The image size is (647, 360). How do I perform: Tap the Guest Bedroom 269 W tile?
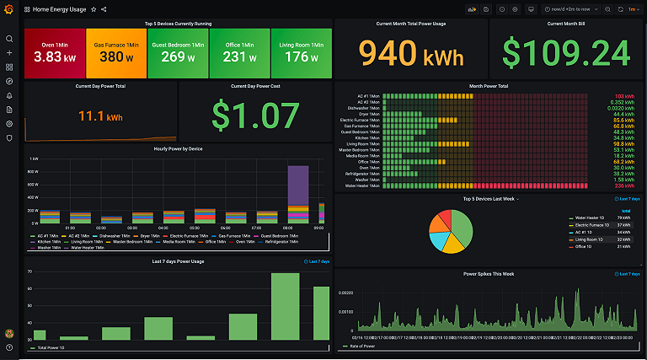pos(178,53)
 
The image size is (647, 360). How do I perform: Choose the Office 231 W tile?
pos(239,53)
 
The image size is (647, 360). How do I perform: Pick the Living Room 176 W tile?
pos(301,53)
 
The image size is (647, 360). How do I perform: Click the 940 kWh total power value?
pos(409,52)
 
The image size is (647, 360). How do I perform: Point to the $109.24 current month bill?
pos(565,52)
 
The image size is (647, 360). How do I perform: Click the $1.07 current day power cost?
pos(254,116)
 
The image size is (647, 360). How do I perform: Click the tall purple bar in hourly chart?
pos(297,185)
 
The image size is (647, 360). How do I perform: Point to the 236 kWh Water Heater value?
pos(624,185)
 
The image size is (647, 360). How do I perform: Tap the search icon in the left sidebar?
pos(9,39)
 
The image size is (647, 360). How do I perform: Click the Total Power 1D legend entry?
pos(54,347)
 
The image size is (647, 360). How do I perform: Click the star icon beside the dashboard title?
pos(93,8)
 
